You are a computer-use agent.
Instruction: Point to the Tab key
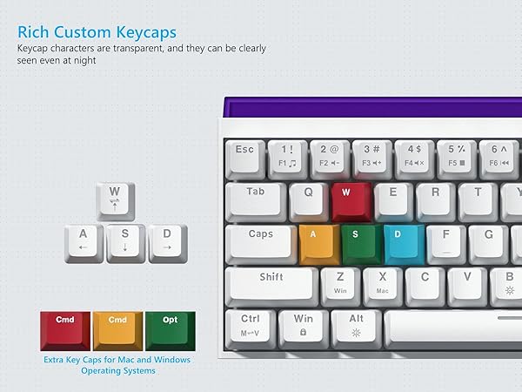coord(256,199)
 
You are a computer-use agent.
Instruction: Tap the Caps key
coord(261,241)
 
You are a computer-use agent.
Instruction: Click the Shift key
coord(271,284)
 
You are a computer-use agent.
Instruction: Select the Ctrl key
coord(251,325)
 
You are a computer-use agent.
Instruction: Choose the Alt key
coord(357,325)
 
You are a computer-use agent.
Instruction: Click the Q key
coord(308,199)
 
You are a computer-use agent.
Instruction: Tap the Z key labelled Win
coord(340,283)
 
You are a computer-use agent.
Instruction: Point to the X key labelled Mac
coord(382,283)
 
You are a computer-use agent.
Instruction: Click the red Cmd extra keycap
coord(65,328)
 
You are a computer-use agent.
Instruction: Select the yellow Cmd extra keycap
coord(117,328)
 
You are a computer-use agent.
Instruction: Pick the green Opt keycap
coord(170,328)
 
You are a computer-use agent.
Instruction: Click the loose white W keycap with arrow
coord(114,199)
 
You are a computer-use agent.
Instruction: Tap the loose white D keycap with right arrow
coord(167,242)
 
